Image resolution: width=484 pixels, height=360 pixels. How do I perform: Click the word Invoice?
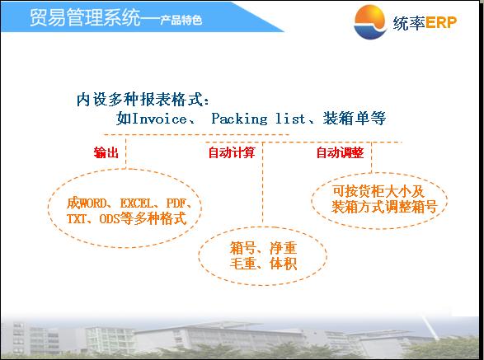pyautogui.click(x=159, y=119)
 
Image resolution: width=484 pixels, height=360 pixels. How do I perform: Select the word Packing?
pyautogui.click(x=239, y=119)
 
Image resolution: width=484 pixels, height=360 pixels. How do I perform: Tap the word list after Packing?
pyautogui.click(x=290, y=119)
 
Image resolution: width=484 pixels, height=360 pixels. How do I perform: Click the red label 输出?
pyautogui.click(x=106, y=152)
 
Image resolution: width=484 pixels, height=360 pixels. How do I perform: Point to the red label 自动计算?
pyautogui.click(x=232, y=152)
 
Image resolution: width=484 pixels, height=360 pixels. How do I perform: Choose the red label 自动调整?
pyautogui.click(x=341, y=152)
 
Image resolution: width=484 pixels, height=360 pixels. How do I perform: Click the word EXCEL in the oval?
pyautogui.click(x=136, y=203)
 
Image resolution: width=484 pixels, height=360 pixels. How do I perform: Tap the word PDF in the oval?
pyautogui.click(x=176, y=203)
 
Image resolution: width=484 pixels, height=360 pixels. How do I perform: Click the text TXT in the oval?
pyautogui.click(x=76, y=218)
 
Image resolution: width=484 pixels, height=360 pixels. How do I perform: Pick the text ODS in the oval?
pyautogui.click(x=110, y=218)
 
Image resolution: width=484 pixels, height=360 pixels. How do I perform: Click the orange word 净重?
pyautogui.click(x=283, y=248)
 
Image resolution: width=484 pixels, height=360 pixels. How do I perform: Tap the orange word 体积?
pyautogui.click(x=283, y=264)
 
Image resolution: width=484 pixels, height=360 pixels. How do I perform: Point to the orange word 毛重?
pyautogui.click(x=243, y=264)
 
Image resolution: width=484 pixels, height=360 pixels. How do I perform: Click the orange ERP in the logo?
pyautogui.click(x=441, y=22)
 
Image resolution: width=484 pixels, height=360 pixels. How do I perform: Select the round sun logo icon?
pyautogui.click(x=369, y=22)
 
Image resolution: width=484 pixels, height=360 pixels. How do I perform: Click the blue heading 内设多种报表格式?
pyautogui.click(x=139, y=100)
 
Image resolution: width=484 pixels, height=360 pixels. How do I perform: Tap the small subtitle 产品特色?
pyautogui.click(x=181, y=20)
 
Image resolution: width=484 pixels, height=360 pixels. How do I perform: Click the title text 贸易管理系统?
pyautogui.click(x=85, y=17)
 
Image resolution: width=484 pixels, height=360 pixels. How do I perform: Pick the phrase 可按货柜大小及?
pyautogui.click(x=378, y=191)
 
